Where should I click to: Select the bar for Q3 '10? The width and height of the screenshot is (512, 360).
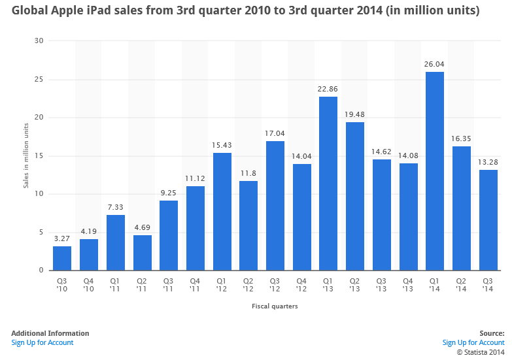[62, 258]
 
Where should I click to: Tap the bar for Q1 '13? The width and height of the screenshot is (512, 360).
[328, 184]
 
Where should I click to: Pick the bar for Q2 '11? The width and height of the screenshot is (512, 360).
[142, 253]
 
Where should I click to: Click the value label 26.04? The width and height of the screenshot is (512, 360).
[435, 65]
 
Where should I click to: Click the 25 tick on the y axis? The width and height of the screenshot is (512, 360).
[39, 80]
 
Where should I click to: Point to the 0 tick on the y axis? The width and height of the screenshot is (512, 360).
[41, 270]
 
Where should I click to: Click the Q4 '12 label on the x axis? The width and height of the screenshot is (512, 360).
[301, 286]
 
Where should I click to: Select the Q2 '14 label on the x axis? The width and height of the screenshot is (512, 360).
[462, 286]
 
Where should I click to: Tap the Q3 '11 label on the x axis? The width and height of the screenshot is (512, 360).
[169, 286]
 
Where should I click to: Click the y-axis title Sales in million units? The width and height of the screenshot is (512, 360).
[26, 155]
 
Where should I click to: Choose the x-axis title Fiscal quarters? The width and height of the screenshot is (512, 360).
[275, 306]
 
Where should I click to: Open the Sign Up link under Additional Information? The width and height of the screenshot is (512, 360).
[43, 342]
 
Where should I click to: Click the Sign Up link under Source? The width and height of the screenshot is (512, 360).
[473, 342]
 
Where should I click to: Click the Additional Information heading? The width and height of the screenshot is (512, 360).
[50, 333]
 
